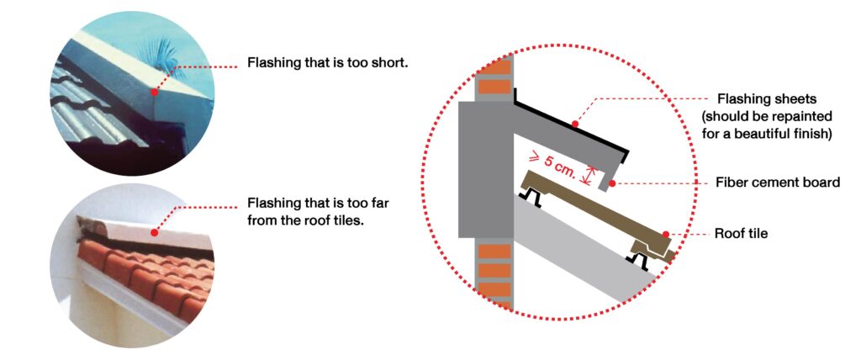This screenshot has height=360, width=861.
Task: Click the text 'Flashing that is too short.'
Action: [x=327, y=63]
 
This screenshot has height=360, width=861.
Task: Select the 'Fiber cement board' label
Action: [x=778, y=182]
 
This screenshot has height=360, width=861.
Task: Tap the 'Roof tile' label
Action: [x=741, y=233]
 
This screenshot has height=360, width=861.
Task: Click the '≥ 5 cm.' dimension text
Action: [x=554, y=161]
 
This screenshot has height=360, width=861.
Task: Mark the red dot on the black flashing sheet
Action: [x=575, y=124]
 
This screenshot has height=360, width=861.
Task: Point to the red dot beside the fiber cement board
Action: [x=611, y=182]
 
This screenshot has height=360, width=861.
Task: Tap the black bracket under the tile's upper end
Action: [x=531, y=196]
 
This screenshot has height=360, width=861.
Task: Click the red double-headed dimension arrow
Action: [x=594, y=174]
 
